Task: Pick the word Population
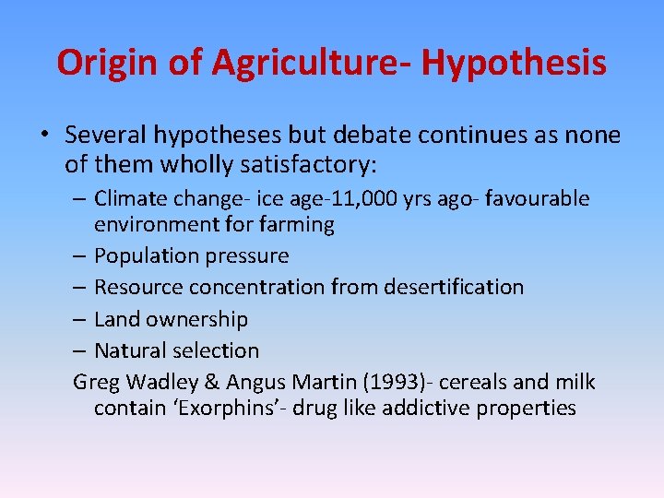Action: (141, 255)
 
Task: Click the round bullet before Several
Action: (44, 136)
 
